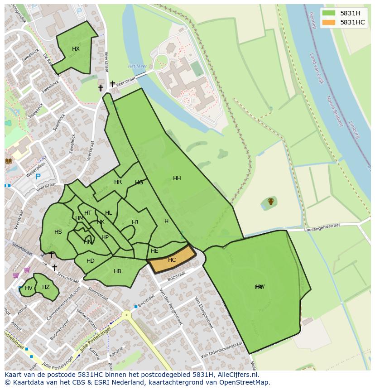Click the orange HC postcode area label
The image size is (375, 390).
tap(172, 260)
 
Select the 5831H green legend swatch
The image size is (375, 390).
tap(329, 13)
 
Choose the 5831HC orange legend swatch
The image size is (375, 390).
tap(329, 22)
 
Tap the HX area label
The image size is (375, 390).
tap(76, 49)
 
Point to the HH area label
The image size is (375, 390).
tap(177, 178)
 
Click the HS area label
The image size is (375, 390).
tap(58, 232)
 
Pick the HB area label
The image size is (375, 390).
tap(117, 271)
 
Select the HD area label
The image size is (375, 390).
tap(90, 261)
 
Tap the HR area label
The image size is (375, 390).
tap(118, 182)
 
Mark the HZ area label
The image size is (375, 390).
tap(46, 287)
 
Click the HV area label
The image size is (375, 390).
tap(29, 288)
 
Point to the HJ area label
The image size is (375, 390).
tap(135, 222)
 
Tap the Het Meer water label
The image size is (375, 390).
tap(137, 66)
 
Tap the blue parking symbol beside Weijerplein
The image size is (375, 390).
tap(38, 177)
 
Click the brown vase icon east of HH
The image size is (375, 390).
tap(270, 202)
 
